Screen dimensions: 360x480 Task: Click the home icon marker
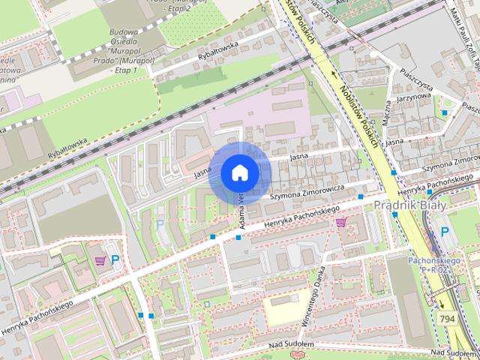tap(238, 172)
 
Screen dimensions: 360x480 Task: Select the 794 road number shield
tap(445, 319)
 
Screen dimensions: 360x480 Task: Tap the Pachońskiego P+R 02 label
tap(429, 263)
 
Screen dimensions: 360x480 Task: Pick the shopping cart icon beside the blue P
tap(100, 261)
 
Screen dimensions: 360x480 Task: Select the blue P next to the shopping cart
tap(115, 261)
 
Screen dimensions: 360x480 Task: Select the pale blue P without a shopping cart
tap(158, 224)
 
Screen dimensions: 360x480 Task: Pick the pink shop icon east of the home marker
tap(342, 222)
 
